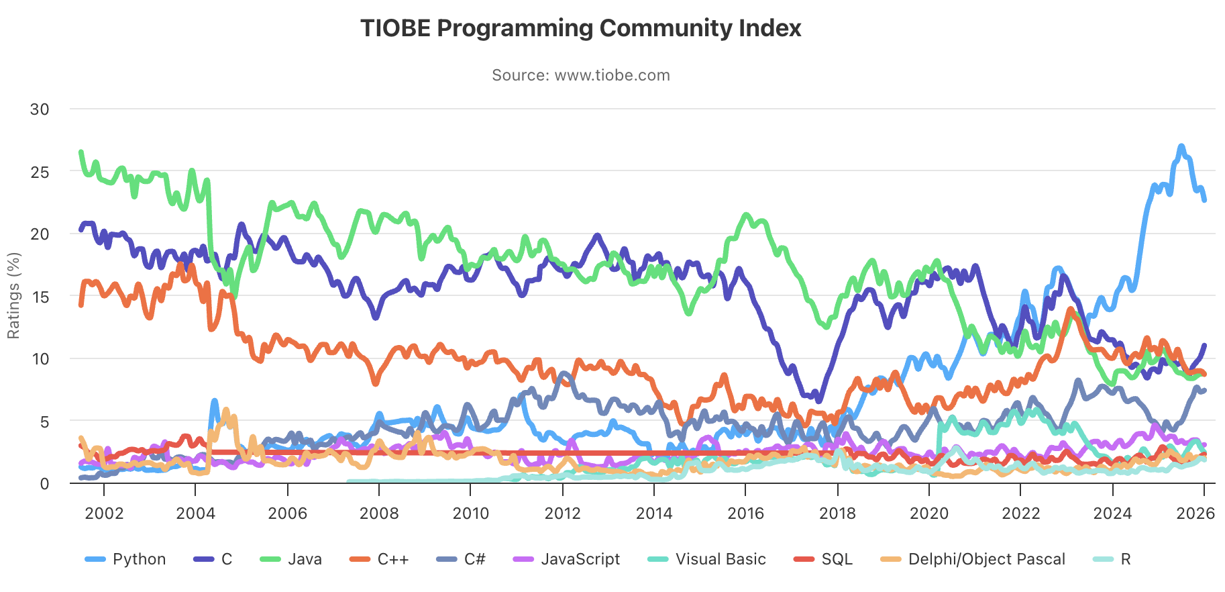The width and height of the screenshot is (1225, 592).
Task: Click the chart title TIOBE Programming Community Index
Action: tap(580, 28)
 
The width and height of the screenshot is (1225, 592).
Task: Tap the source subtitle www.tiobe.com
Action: tap(580, 75)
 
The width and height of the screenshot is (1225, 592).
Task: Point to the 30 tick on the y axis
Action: tap(40, 109)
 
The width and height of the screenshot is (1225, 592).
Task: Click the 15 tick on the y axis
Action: tap(40, 297)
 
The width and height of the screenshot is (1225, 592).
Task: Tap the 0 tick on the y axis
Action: tap(44, 484)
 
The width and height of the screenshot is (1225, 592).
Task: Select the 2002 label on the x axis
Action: tap(104, 513)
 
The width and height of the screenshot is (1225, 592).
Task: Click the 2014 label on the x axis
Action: tap(654, 513)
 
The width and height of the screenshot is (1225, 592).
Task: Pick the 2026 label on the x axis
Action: tap(1195, 513)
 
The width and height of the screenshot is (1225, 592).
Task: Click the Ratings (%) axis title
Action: tap(13, 295)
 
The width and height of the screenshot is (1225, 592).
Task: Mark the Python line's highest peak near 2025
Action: tap(1181, 146)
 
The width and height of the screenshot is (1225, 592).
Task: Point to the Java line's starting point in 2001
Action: tap(81, 152)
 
